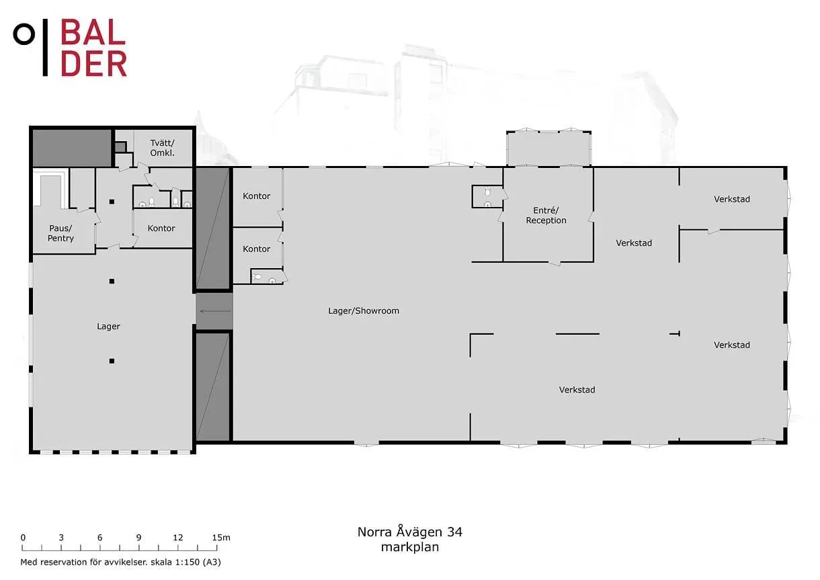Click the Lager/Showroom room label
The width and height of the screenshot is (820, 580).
tap(364, 311)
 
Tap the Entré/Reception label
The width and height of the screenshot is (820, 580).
tap(546, 216)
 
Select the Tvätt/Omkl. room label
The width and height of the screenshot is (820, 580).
tap(162, 148)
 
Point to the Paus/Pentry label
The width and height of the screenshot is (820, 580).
tap(60, 233)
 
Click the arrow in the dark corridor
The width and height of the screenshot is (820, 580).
tap(215, 311)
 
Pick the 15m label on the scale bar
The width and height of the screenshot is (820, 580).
tap(221, 538)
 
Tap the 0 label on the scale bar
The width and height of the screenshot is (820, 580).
tap(23, 538)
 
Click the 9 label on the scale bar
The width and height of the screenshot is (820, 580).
tap(138, 538)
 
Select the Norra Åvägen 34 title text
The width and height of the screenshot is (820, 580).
tap(409, 532)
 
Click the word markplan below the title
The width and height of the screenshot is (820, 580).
tap(410, 548)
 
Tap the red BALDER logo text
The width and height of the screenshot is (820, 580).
tap(93, 48)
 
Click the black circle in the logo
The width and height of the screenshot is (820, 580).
tap(24, 34)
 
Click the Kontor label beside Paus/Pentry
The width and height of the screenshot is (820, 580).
tap(161, 229)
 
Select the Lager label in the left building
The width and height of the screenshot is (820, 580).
tap(108, 327)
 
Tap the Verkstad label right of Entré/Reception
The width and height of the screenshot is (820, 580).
tap(634, 243)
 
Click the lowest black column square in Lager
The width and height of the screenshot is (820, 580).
tap(112, 361)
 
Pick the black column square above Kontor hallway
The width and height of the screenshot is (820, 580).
tap(112, 202)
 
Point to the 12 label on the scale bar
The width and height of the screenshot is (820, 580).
tap(178, 538)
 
